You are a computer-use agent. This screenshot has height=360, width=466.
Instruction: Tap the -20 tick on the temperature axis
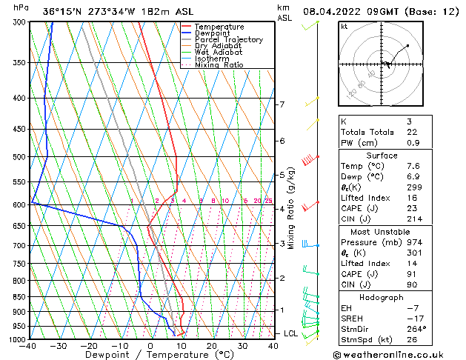click(89, 346)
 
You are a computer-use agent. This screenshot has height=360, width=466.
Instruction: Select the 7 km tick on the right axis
click(282, 104)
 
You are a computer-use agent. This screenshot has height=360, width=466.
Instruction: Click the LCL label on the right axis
click(290, 334)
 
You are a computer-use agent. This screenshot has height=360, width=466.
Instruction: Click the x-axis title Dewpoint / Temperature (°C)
click(150, 355)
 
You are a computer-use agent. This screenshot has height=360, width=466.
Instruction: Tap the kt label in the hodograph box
click(344, 27)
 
